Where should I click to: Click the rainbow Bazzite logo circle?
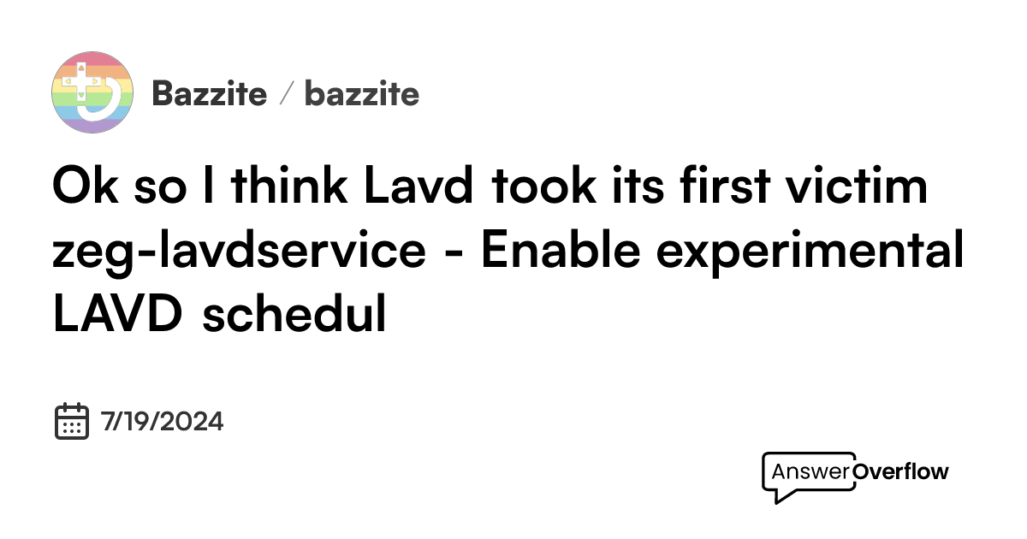point(92,92)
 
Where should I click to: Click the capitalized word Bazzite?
point(209,93)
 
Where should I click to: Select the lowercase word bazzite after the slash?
point(362,93)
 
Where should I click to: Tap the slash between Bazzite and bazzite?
point(286,93)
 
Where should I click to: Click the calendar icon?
point(72,421)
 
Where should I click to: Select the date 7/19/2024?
point(162,422)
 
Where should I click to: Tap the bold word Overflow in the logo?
point(901,471)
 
